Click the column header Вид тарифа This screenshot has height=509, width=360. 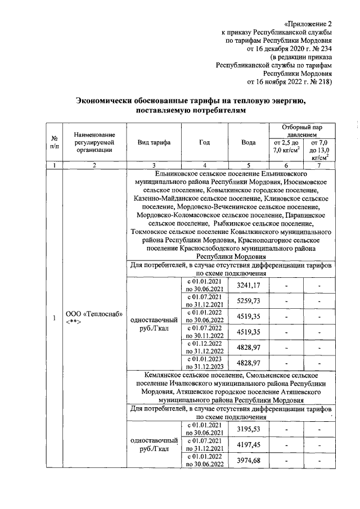[154, 143]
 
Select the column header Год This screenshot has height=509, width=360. [205, 143]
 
